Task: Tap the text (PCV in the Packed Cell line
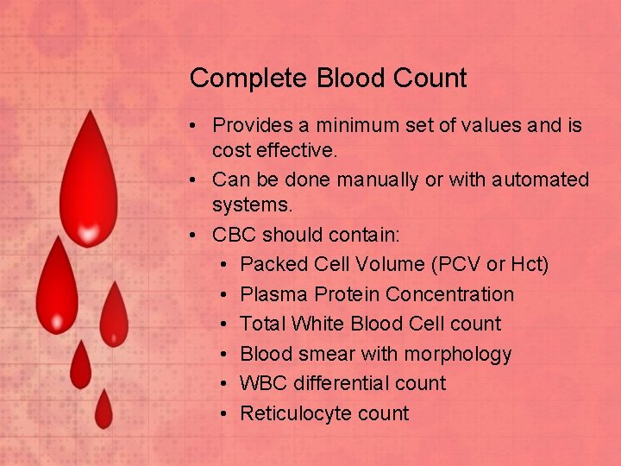pyautogui.click(x=436, y=264)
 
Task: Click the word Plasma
pyautogui.click(x=274, y=294)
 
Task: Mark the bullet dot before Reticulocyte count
pyautogui.click(x=223, y=413)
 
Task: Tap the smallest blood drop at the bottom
pyautogui.click(x=103, y=409)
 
